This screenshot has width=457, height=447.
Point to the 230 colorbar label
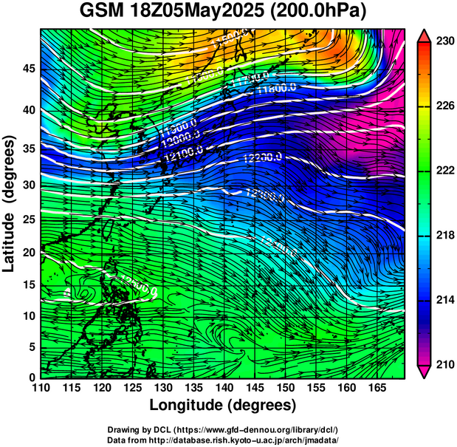[x=444, y=41]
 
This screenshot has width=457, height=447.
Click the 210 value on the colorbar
[x=444, y=364]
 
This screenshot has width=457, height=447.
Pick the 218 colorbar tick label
[x=444, y=235]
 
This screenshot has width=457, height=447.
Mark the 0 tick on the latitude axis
[x=32, y=377]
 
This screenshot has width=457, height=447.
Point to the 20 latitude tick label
[x=28, y=252]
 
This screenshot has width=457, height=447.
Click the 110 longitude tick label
[x=41, y=388]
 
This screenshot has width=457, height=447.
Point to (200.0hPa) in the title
[x=320, y=13]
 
